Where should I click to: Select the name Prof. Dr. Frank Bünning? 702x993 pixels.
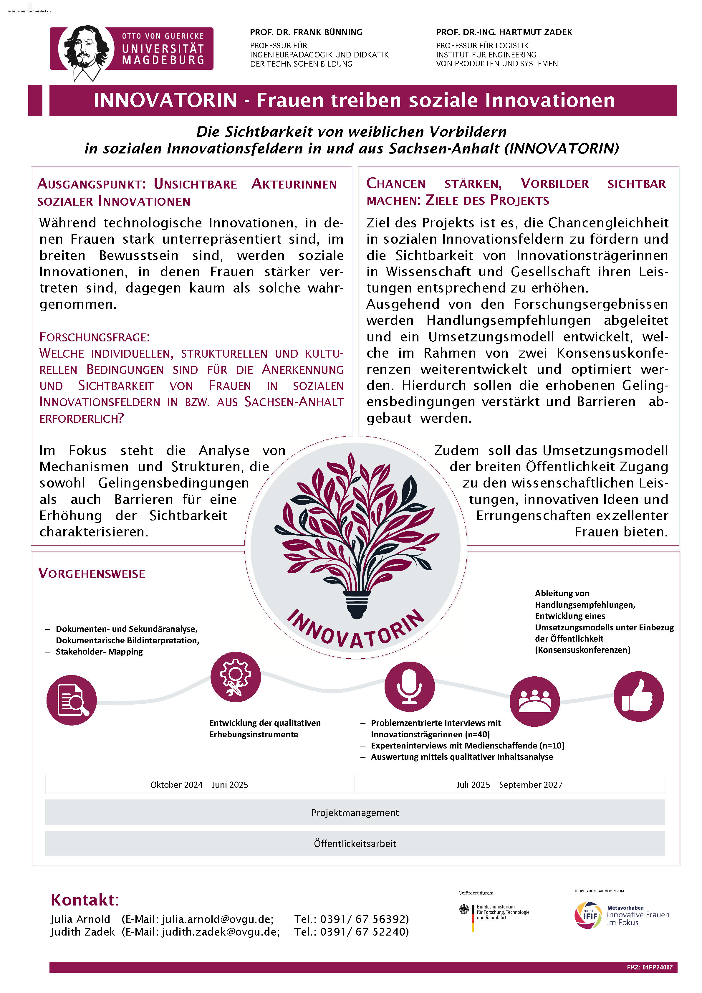point(306,32)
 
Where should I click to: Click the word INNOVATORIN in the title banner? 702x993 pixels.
point(165,100)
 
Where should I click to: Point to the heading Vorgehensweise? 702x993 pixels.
point(92,574)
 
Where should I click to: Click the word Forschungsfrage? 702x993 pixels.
point(94,337)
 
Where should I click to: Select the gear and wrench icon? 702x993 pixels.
point(236,677)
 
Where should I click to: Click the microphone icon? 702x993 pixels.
point(409,686)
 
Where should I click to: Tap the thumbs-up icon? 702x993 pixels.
point(638,696)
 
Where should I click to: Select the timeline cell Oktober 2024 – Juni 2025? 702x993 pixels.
point(199,784)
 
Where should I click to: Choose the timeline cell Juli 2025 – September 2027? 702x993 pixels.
point(509,784)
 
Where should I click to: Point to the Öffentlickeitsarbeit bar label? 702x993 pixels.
point(355,843)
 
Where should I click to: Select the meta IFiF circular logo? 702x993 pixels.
point(587,915)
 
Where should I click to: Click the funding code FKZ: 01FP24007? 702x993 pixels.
point(649,967)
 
